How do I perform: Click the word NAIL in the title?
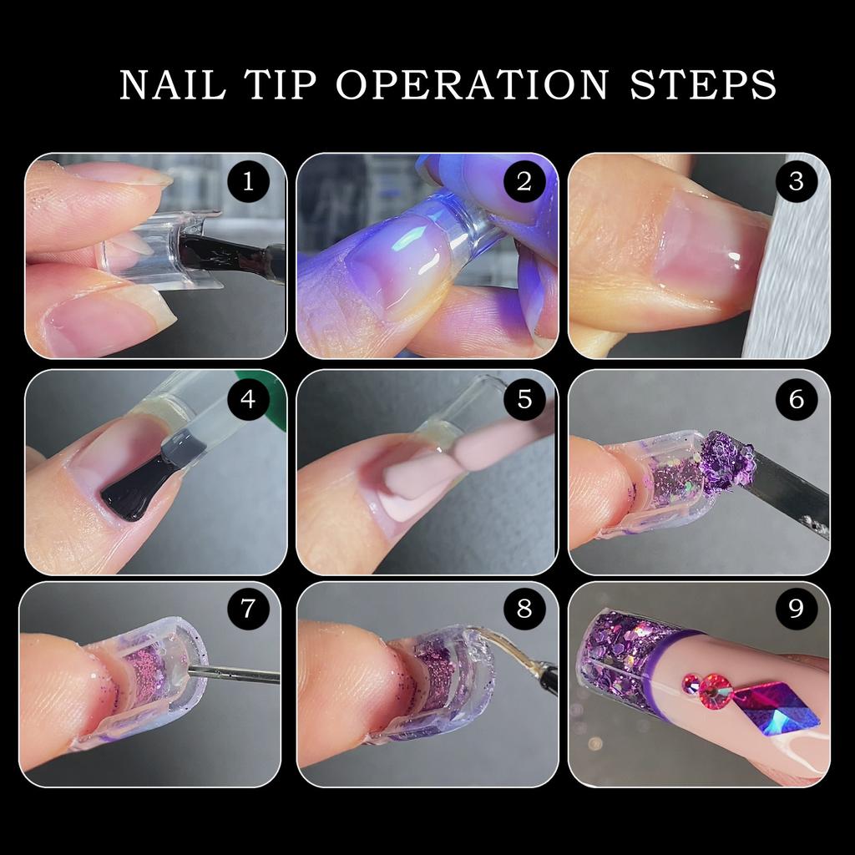click(x=172, y=84)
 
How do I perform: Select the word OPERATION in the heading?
click(x=473, y=84)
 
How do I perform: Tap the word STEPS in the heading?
click(x=703, y=84)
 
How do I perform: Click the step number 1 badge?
click(x=248, y=181)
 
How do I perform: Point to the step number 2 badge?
click(x=524, y=181)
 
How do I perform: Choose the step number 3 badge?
click(x=796, y=181)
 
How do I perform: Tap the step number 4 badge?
click(x=248, y=399)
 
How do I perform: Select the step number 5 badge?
click(x=524, y=399)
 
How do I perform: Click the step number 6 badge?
click(x=796, y=399)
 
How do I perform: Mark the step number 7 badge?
click(x=248, y=609)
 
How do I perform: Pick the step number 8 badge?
click(x=524, y=609)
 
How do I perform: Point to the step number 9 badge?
click(x=796, y=609)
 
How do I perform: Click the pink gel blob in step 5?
click(x=420, y=480)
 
